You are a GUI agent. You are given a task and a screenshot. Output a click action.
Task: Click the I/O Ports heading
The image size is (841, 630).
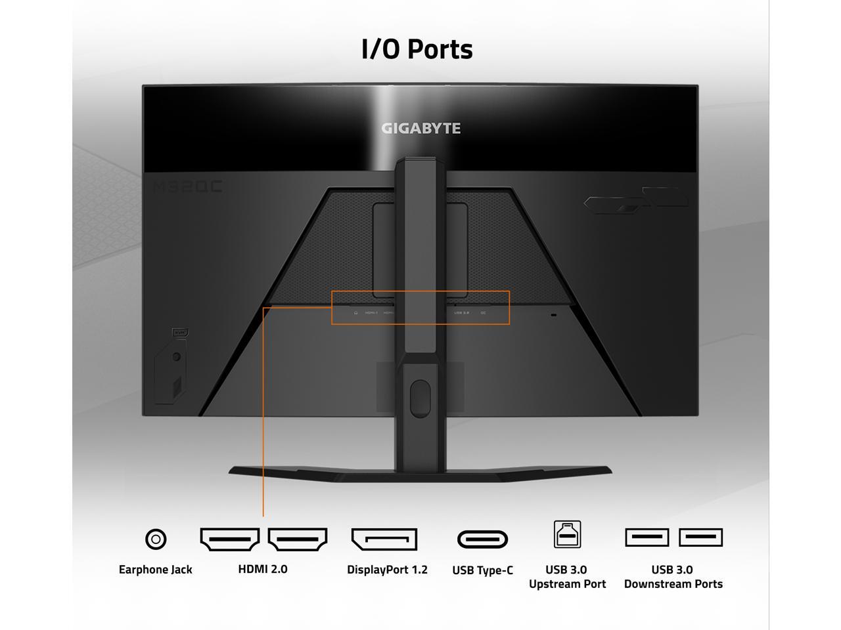tap(417, 49)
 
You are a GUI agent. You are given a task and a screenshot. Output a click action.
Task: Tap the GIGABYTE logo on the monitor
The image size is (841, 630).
tap(421, 128)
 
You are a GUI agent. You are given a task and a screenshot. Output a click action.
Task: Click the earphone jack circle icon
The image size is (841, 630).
tap(155, 539)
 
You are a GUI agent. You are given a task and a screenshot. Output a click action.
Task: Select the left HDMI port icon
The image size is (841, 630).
tap(229, 539)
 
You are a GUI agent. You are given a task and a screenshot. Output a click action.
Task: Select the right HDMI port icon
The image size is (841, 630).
tap(298, 539)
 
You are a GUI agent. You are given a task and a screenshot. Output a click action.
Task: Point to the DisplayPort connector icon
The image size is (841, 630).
tap(384, 539)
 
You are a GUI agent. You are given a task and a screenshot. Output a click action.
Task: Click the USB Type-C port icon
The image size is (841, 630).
tap(483, 539)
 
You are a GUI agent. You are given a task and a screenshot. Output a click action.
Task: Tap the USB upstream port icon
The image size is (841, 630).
tap(567, 534)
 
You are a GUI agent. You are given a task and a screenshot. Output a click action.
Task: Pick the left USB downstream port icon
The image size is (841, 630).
tap(647, 537)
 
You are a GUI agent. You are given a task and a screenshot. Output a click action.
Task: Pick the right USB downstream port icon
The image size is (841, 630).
tap(701, 537)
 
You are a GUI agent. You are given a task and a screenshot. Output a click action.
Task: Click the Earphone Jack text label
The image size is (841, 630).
tap(155, 570)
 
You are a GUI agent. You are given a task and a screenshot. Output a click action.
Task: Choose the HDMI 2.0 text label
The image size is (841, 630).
tap(263, 569)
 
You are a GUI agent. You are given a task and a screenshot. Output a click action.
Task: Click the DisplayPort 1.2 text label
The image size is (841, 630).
tap(387, 570)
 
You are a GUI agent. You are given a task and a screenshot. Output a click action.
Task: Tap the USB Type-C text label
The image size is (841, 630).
tap(483, 570)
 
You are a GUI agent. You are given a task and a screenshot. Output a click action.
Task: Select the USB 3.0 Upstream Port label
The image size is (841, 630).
tap(567, 577)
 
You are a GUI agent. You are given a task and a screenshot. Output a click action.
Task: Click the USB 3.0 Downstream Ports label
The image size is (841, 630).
tap(673, 577)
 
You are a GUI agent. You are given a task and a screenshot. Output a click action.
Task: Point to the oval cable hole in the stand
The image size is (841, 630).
tap(420, 398)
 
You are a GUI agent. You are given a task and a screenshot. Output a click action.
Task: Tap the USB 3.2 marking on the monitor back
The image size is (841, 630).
tap(462, 313)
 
